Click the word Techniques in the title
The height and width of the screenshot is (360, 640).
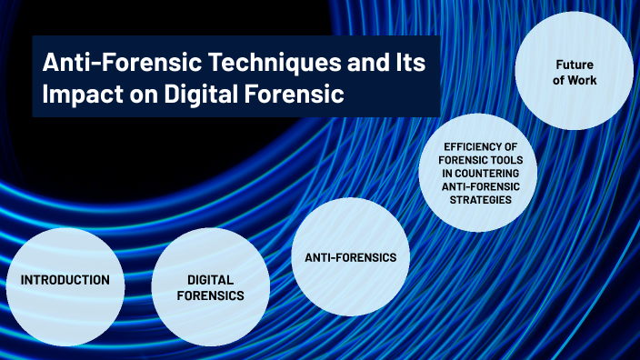coord(275,63)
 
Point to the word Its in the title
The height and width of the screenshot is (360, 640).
coord(411,62)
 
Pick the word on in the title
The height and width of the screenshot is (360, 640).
coord(144,95)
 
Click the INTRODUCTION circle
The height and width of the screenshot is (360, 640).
coord(65,287)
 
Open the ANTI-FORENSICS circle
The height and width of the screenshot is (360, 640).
coord(351,256)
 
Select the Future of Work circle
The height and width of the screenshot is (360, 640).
coord(575,71)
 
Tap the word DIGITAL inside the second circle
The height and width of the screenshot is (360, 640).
coord(211,280)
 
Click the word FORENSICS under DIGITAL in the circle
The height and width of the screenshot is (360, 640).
coord(211,295)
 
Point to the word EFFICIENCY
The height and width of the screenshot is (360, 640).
coord(481,147)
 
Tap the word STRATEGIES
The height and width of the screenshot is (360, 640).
coord(481,200)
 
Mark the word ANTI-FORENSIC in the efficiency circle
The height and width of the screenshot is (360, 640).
coord(481,186)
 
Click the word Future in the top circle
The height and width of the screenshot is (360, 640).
coord(575,65)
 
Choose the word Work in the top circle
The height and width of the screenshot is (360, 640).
coord(583,80)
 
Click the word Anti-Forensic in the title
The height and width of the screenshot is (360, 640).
coord(122,63)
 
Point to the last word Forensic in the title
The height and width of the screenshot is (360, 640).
coord(294,95)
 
